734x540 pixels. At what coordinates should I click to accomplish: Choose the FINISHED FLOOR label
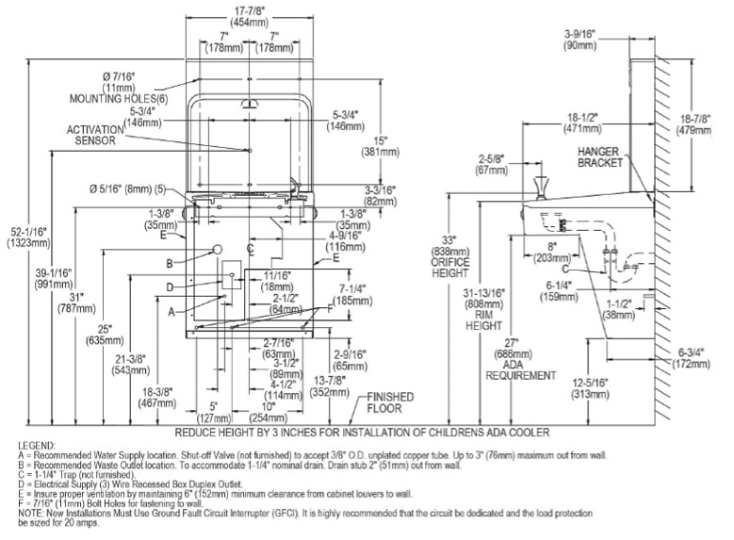coord(384,402)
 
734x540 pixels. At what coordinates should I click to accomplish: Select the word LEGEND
coord(37,443)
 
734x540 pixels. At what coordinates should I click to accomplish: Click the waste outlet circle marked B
coord(219,248)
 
